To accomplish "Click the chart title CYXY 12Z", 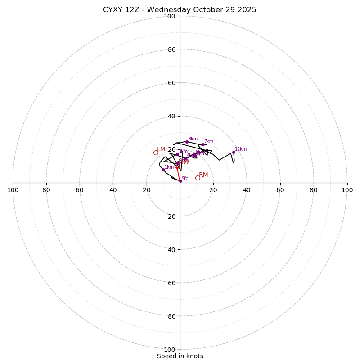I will pyautogui.click(x=180, y=10).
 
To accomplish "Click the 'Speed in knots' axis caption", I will pyautogui.click(x=180, y=356).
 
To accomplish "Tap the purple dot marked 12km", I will pyautogui.click(x=234, y=152).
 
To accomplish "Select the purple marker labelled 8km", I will pyautogui.click(x=187, y=142).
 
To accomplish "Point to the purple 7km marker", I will pyautogui.click(x=203, y=145).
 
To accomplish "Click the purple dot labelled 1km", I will pyautogui.click(x=163, y=170).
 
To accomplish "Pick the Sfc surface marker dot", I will pyautogui.click(x=180, y=181).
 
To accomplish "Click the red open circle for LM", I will pyautogui.click(x=156, y=153).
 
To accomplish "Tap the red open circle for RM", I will pyautogui.click(x=198, y=178).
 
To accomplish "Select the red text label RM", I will pyautogui.click(x=203, y=175).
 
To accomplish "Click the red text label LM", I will pyautogui.click(x=161, y=149).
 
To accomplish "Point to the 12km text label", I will pyautogui.click(x=241, y=149).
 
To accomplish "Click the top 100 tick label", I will pyautogui.click(x=170, y=16).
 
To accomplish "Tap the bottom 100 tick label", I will pyautogui.click(x=170, y=350).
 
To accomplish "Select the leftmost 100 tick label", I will pyautogui.click(x=13, y=190).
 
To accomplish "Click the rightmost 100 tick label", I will pyautogui.click(x=347, y=190).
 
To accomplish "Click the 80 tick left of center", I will pyautogui.click(x=46, y=190).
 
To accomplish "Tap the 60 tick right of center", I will pyautogui.click(x=280, y=190).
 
